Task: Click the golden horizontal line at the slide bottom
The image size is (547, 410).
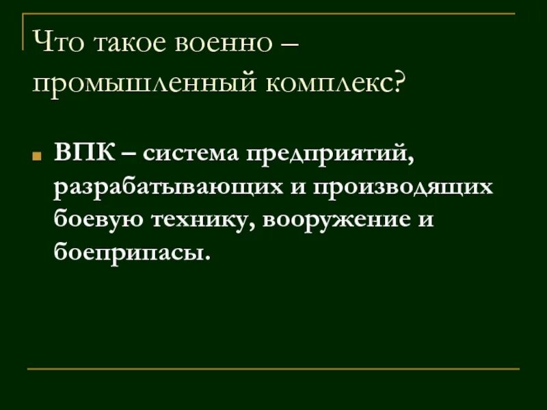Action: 273,370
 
